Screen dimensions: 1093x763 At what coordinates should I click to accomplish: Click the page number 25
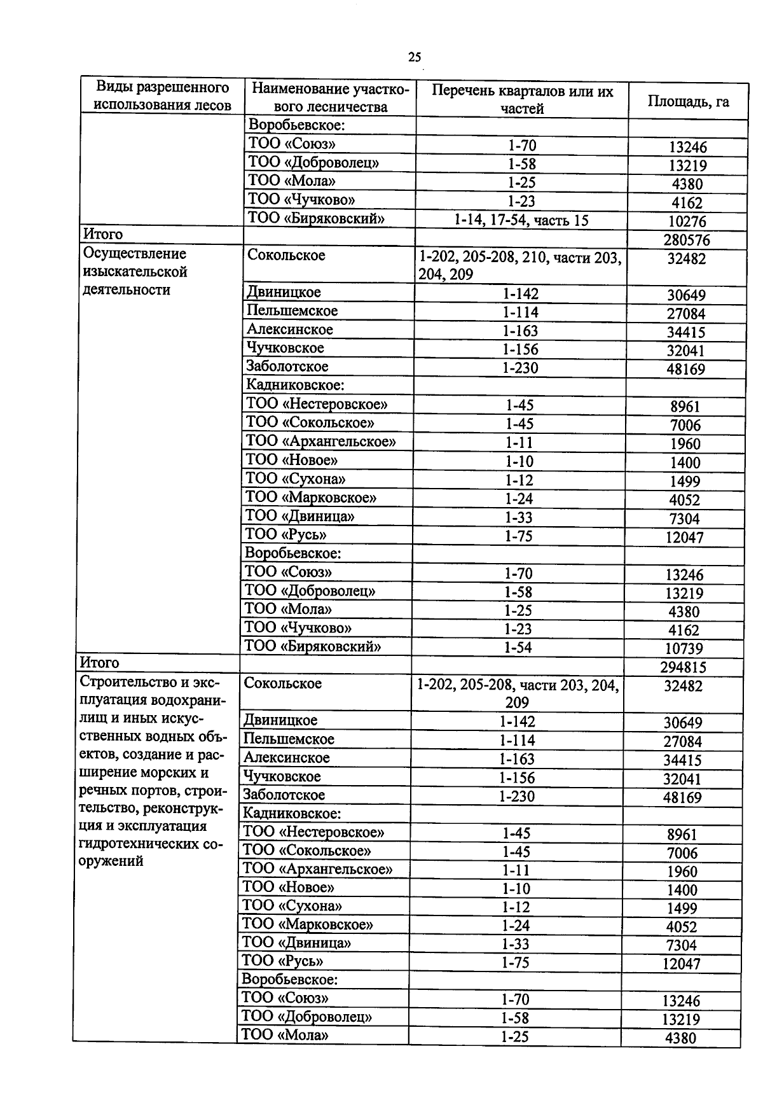414,57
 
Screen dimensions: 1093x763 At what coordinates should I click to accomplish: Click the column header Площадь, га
688,101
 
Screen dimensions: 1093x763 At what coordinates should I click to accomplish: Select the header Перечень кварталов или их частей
522,99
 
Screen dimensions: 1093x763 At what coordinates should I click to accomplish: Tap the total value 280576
687,240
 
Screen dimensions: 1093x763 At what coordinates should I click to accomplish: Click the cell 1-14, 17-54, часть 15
521,220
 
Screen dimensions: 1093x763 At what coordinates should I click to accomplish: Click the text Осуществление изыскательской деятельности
135,272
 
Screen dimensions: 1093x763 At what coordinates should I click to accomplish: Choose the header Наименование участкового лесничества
330,97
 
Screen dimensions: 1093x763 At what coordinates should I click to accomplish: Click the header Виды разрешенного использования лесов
162,96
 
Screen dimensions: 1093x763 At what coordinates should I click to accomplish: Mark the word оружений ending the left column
111,861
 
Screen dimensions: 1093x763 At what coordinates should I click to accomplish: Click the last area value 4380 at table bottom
681,1038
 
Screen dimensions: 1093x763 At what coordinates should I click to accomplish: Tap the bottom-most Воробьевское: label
290,979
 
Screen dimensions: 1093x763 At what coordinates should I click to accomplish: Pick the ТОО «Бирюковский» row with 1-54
313,646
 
